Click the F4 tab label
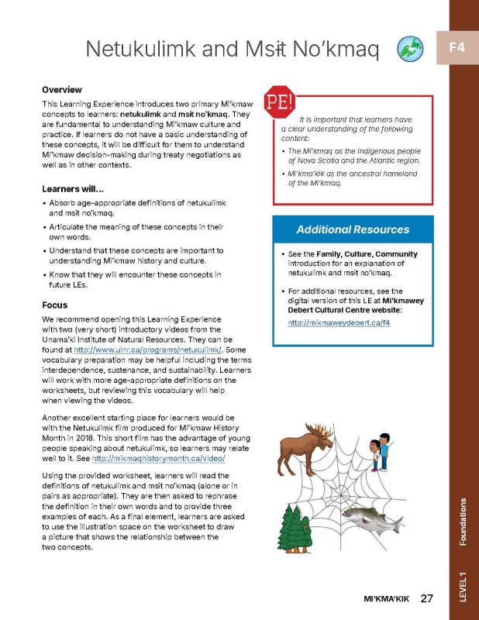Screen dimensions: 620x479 456,48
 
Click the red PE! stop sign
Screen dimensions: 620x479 277,101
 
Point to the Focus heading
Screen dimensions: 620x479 57,305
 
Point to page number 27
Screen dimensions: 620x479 426,598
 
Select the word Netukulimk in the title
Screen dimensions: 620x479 140,50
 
